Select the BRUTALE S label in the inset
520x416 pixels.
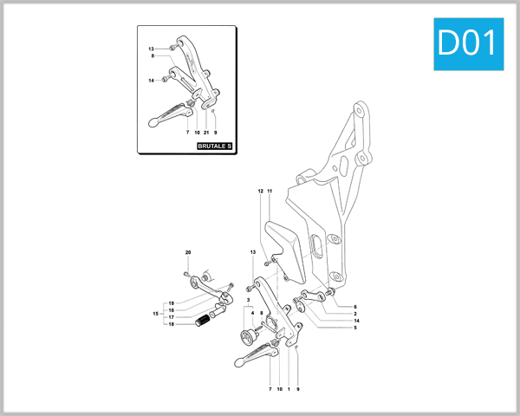[x=215, y=146]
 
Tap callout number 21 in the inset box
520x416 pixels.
[x=205, y=132]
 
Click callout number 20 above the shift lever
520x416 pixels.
[x=187, y=251]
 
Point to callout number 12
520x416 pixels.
[x=260, y=190]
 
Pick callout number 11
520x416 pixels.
[x=270, y=190]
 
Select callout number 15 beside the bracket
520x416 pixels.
[x=156, y=314]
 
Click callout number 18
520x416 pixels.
[x=171, y=324]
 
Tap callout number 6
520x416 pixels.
[x=354, y=307]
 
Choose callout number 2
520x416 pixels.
[x=354, y=314]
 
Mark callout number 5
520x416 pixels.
[x=354, y=328]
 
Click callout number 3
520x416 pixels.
[x=248, y=299]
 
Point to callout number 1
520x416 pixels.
[x=289, y=389]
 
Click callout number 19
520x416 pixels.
[x=171, y=303]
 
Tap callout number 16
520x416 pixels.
[x=171, y=310]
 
